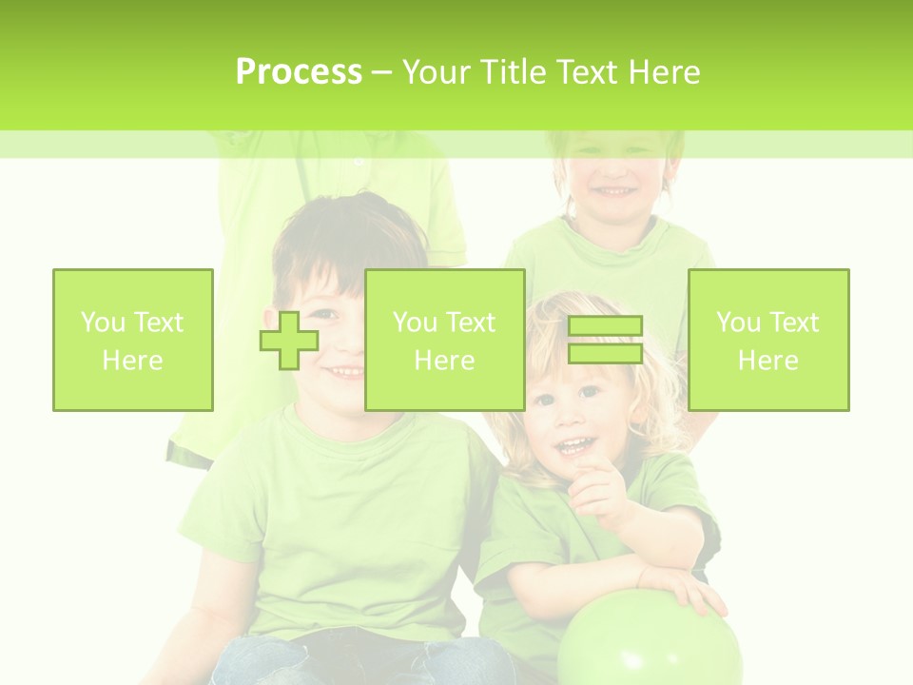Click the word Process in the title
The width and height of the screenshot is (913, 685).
pos(299,72)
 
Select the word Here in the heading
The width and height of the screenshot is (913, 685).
pos(663,72)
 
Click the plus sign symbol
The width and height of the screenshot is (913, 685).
pos(289,340)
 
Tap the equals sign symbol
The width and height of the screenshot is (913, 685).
pos(605,340)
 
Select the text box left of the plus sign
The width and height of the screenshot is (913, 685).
pos(133,340)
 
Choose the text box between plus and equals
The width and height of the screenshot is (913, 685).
pos(445,340)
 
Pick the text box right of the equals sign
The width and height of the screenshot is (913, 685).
pos(768,340)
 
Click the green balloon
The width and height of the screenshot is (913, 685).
pos(649,642)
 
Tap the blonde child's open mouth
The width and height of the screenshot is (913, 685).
pos(573,444)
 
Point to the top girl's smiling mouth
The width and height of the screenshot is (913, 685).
pos(614,192)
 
